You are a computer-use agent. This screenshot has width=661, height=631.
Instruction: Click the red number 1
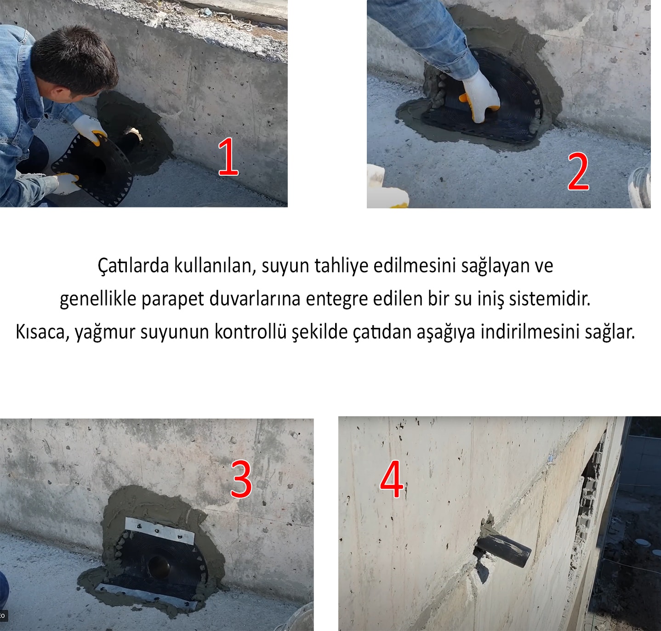pyautogui.click(x=228, y=157)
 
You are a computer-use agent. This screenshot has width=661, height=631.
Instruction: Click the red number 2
pyautogui.click(x=578, y=172)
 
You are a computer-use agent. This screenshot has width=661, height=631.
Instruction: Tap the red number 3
pyautogui.click(x=241, y=479)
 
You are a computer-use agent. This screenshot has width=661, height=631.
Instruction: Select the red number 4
pyautogui.click(x=392, y=479)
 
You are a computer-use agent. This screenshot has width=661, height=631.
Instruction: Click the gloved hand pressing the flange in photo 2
pyautogui.click(x=480, y=95)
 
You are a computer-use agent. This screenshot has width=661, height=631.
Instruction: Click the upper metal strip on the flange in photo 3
pyautogui.click(x=160, y=530)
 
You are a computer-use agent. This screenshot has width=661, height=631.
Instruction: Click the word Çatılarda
pyautogui.click(x=133, y=266)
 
